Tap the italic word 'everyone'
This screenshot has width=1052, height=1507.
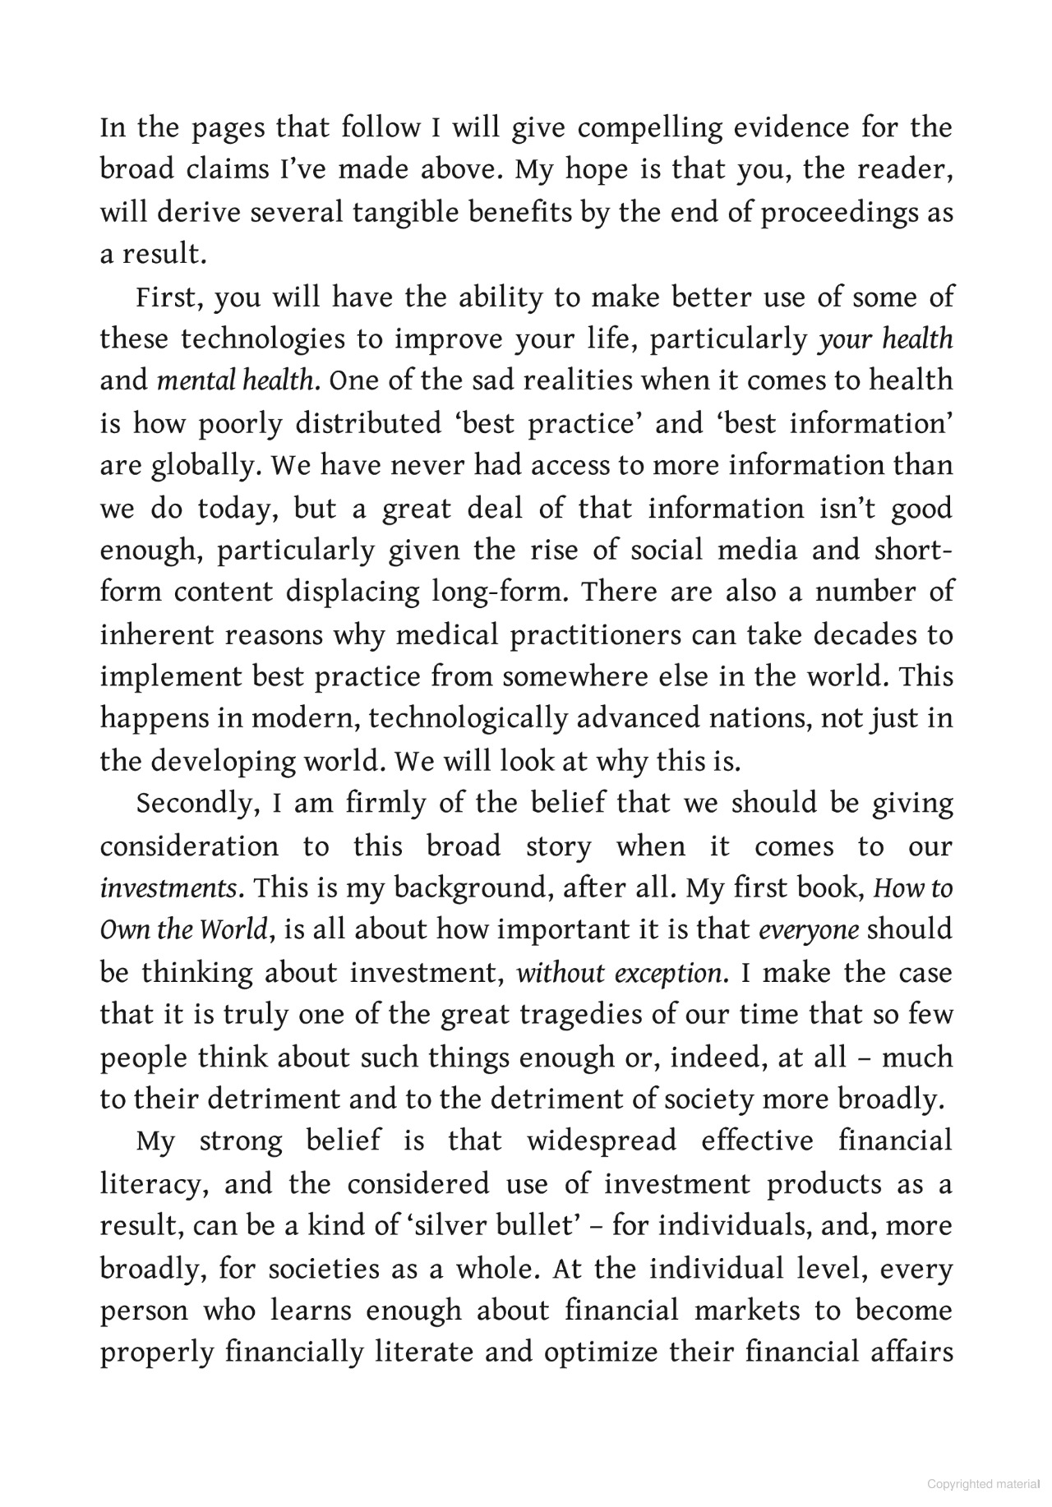tap(809, 930)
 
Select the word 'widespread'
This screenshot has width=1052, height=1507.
tap(602, 1141)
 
